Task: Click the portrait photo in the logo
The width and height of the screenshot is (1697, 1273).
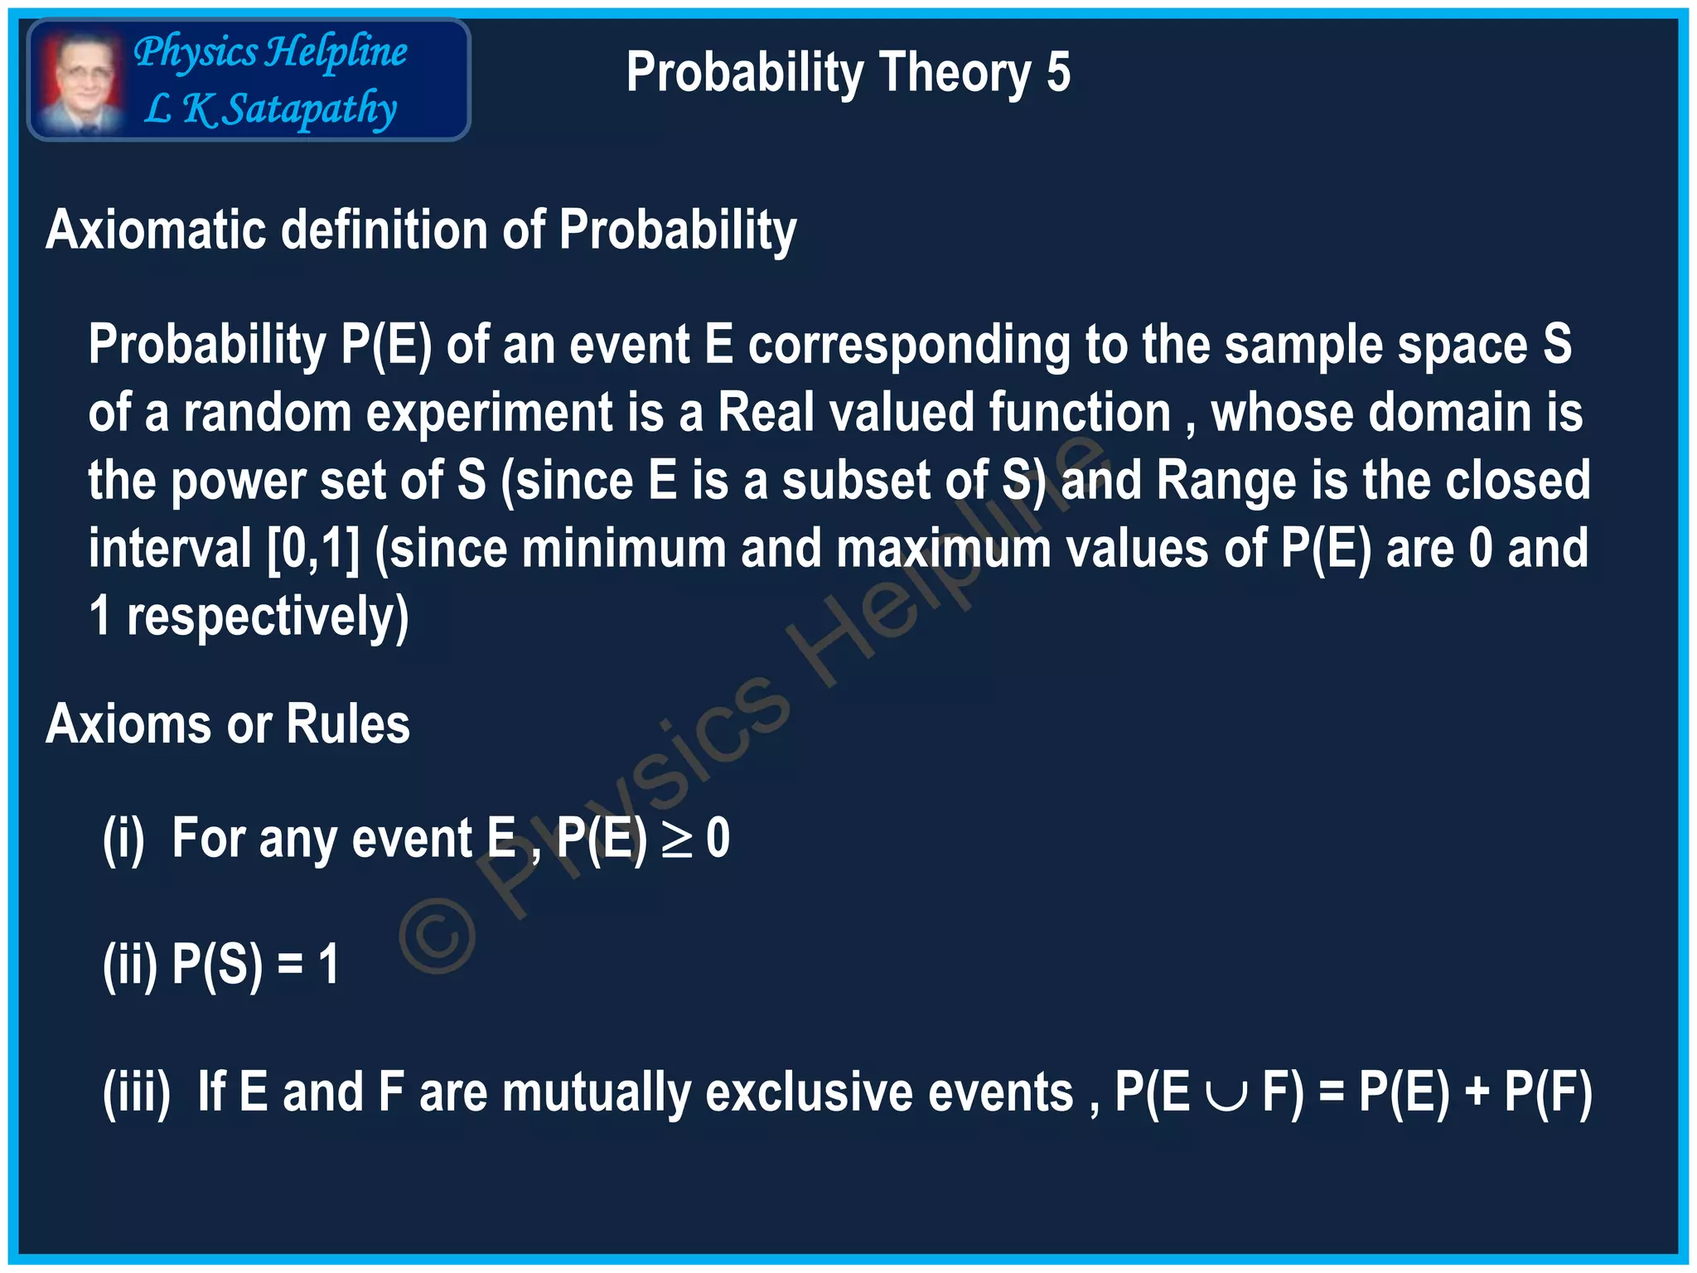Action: [x=80, y=80]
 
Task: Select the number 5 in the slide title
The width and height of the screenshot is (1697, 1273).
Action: [x=1058, y=73]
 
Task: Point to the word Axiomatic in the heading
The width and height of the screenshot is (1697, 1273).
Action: [x=156, y=230]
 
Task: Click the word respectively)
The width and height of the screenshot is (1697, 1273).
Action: [x=267, y=617]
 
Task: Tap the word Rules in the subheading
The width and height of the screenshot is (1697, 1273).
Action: [x=347, y=724]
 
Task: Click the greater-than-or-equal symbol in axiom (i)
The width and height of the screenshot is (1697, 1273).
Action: [x=676, y=839]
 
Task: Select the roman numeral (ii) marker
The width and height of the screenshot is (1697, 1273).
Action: [x=129, y=965]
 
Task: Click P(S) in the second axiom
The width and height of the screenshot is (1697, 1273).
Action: [x=217, y=965]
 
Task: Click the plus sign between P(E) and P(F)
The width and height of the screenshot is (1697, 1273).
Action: [x=1477, y=1092]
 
